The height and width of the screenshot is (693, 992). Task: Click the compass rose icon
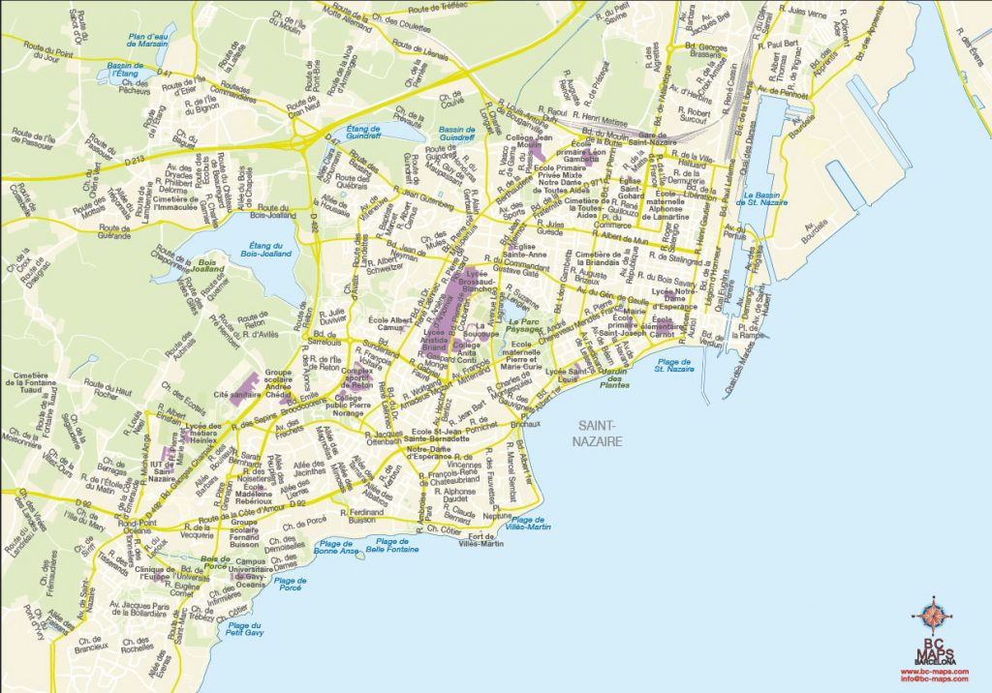[934, 616]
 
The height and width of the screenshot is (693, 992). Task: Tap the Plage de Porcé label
[290, 583]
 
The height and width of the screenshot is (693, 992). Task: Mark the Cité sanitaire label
[236, 395]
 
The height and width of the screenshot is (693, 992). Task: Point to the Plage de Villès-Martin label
[528, 524]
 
